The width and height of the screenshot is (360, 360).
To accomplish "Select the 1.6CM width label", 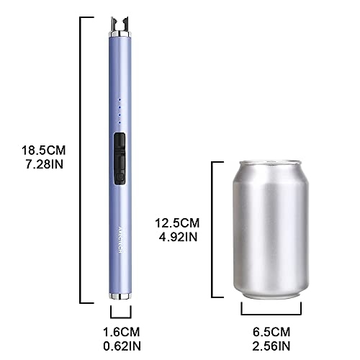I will (120, 332).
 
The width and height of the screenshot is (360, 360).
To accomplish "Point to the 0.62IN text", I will (120, 346).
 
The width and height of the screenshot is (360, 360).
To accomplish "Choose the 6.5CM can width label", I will (271, 332).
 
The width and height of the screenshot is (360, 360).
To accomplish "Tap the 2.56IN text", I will (271, 346).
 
